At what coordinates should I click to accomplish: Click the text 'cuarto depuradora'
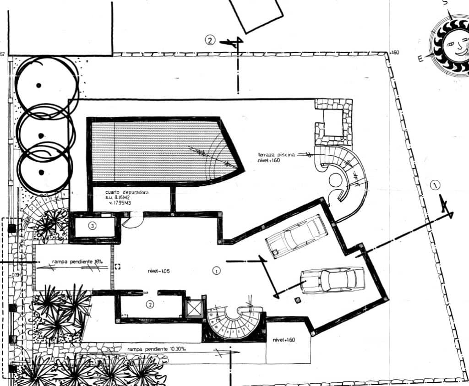pyautogui.click(x=127, y=193)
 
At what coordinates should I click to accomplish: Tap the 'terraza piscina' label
pyautogui.click(x=276, y=155)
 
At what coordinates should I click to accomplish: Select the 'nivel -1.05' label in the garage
pyautogui.click(x=158, y=271)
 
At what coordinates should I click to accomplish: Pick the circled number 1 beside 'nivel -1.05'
pyautogui.click(x=217, y=271)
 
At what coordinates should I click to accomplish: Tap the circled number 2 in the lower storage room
pyautogui.click(x=149, y=304)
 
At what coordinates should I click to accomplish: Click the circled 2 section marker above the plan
pyautogui.click(x=209, y=40)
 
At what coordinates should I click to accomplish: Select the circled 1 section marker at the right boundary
pyautogui.click(x=436, y=185)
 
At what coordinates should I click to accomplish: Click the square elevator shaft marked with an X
pyautogui.click(x=194, y=308)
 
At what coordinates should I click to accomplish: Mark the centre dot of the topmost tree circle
pyautogui.click(x=39, y=85)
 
